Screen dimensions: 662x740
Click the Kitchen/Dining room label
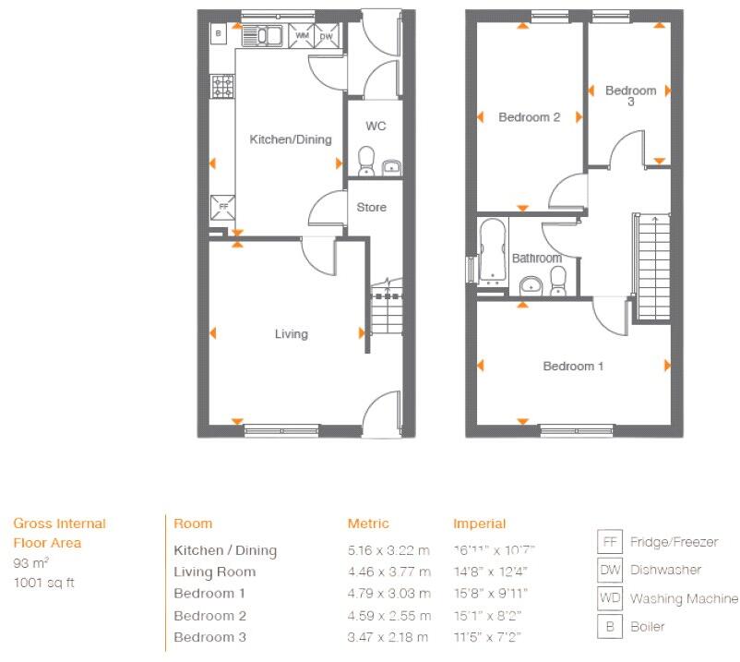tap(291, 139)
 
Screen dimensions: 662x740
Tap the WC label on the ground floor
tap(376, 126)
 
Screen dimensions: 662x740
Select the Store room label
tap(372, 208)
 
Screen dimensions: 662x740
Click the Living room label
tap(291, 333)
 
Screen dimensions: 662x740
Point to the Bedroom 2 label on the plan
tap(530, 117)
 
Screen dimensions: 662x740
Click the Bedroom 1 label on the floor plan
tap(573, 367)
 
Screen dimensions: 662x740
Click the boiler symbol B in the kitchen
tap(218, 34)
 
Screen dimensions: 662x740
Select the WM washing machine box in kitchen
tap(302, 36)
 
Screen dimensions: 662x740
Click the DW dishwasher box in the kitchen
tap(326, 36)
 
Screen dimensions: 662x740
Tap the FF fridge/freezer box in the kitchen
tap(222, 206)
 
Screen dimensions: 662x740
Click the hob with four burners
tap(223, 87)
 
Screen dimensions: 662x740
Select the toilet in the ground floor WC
tap(365, 160)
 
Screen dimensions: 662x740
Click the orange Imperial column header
tap(480, 524)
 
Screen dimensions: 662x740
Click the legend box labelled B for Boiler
tap(610, 626)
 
